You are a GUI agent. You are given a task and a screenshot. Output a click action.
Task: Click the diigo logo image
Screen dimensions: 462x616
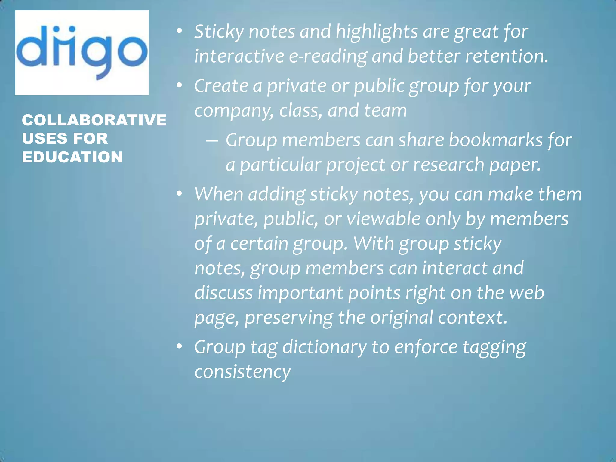coord(82,53)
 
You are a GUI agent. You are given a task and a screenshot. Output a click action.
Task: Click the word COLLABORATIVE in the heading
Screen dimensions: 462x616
coord(94,120)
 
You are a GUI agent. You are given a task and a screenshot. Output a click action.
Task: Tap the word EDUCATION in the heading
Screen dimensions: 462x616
coord(72,157)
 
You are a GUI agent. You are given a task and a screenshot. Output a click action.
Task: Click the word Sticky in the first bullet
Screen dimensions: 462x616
coord(219,32)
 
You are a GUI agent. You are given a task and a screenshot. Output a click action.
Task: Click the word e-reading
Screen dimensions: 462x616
coord(328,56)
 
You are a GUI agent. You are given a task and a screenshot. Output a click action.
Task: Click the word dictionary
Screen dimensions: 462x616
coord(324,347)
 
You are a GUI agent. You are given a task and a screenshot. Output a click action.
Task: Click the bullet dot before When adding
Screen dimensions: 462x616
coord(180,194)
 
